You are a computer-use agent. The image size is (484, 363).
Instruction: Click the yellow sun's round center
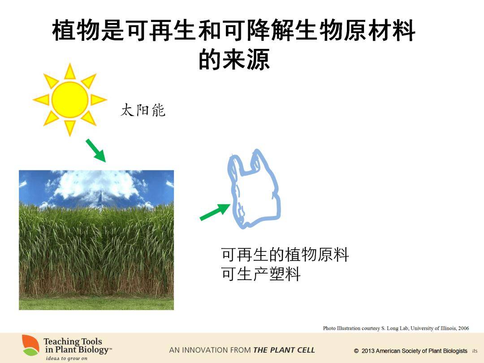70,99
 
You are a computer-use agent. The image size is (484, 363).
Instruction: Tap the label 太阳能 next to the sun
143,110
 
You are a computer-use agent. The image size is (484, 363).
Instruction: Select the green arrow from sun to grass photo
96,150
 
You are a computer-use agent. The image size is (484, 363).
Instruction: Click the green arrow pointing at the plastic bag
215,212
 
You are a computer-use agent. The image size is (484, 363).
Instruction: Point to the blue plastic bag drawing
254,189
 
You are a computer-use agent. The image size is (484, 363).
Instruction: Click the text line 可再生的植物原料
285,255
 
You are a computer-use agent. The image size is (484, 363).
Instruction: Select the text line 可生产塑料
261,274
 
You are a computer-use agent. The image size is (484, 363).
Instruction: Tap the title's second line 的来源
234,59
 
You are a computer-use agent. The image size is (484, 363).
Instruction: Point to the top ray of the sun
70,71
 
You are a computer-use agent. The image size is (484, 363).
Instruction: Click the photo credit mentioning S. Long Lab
396,328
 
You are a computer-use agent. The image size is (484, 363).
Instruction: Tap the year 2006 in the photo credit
464,328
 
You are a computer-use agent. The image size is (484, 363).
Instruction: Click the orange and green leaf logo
30,345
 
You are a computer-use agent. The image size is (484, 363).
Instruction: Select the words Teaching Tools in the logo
73,341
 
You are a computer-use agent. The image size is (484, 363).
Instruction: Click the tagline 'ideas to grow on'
67,359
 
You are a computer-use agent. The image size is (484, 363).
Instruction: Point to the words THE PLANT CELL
284,350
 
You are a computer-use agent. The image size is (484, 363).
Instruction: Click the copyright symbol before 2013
356,351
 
